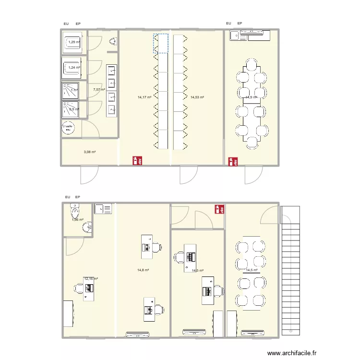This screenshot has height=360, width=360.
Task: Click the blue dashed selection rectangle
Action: [x=161, y=43]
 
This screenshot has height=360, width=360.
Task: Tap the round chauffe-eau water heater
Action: [x=68, y=128]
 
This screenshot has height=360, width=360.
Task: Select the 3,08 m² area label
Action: [x=90, y=152]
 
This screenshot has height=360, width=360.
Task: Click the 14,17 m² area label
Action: [x=144, y=97]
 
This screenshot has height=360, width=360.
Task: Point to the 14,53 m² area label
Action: [x=197, y=97]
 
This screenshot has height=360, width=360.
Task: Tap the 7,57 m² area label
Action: [x=99, y=90]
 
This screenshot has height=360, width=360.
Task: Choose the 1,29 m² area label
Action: [x=74, y=42]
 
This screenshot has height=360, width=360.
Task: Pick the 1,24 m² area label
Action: [x=74, y=67]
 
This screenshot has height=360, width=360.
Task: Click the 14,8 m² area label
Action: [x=143, y=270]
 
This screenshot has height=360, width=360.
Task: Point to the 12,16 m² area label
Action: [x=91, y=278]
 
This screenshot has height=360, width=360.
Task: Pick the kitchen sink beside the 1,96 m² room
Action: [x=103, y=209]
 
